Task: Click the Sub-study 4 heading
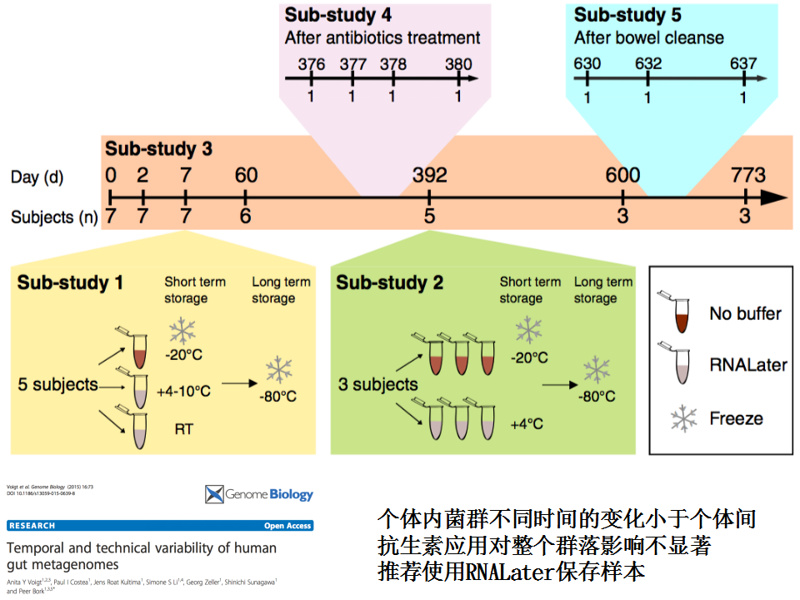[338, 15]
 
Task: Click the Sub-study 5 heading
[627, 15]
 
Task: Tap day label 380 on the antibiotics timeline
[457, 64]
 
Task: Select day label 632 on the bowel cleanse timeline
[647, 64]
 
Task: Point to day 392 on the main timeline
[429, 176]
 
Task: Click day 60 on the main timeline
[246, 176]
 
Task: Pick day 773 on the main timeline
[747, 176]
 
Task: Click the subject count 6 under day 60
[246, 217]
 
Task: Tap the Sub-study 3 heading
[158, 149]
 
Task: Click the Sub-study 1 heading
[70, 283]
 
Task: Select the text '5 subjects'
[58, 386]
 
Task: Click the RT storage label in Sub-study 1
[184, 430]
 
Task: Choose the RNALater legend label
[747, 365]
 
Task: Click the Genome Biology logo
[259, 495]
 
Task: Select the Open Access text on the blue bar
[287, 526]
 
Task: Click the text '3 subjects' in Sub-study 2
[377, 384]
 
